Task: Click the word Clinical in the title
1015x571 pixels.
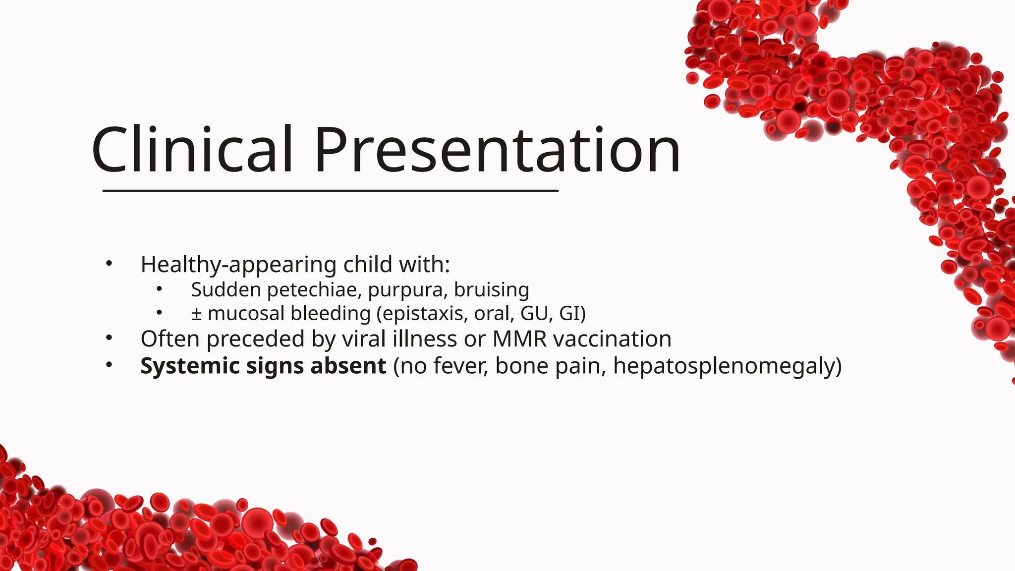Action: click(192, 150)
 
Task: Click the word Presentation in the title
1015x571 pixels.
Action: click(497, 150)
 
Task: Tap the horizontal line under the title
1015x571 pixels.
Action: click(330, 190)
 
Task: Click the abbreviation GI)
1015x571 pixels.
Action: click(572, 314)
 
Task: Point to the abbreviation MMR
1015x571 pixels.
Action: click(519, 339)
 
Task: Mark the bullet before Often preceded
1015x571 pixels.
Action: click(109, 338)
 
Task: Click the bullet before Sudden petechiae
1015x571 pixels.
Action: click(159, 288)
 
